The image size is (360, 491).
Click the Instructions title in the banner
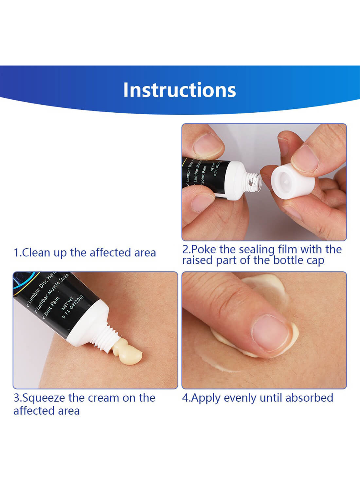[179, 90]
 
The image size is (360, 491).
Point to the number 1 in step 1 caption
[16, 253]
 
